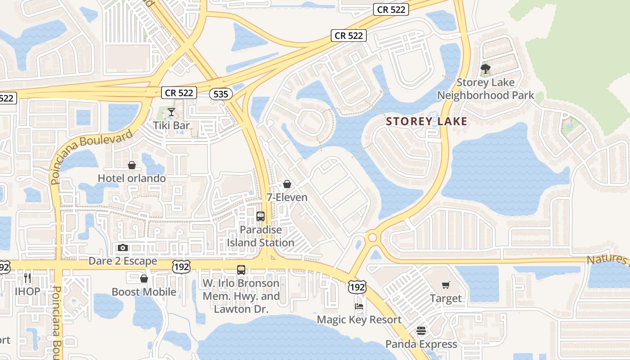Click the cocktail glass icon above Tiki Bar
pyautogui.click(x=171, y=112)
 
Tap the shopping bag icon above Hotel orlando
pyautogui.click(x=132, y=165)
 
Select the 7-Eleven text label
pyautogui.click(x=287, y=197)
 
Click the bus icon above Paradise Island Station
pyautogui.click(x=260, y=216)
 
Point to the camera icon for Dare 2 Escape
pyautogui.click(x=122, y=248)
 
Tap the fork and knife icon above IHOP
pyautogui.click(x=27, y=278)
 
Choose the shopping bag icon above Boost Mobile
pyautogui.click(x=144, y=279)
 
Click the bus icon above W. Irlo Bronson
pyautogui.click(x=241, y=270)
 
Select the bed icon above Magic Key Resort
pyautogui.click(x=359, y=307)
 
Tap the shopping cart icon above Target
pyautogui.click(x=445, y=285)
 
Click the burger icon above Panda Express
pyautogui.click(x=421, y=331)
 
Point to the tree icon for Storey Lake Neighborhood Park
pyautogui.click(x=485, y=69)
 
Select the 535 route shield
pyautogui.click(x=221, y=94)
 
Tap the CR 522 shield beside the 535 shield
pyautogui.click(x=180, y=93)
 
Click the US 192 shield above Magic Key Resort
pyautogui.click(x=357, y=286)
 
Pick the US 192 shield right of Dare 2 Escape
pyautogui.click(x=181, y=266)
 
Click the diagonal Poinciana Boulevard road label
pyautogui.click(x=92, y=156)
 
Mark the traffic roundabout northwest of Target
pyautogui.click(x=372, y=237)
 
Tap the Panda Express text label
pyautogui.click(x=421, y=344)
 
